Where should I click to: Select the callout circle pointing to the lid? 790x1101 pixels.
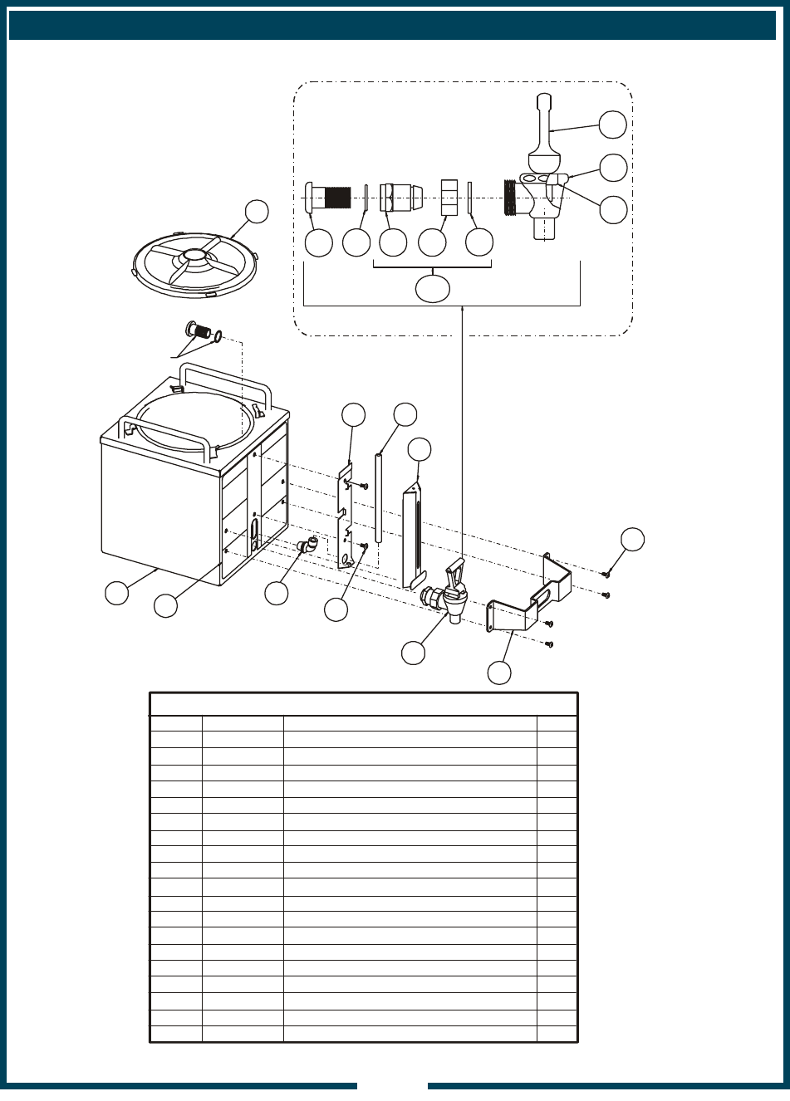[x=257, y=211]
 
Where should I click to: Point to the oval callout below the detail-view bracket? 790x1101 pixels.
[x=432, y=287]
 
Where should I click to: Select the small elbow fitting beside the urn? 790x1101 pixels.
[x=306, y=546]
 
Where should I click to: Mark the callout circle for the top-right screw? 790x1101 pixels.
[x=633, y=538]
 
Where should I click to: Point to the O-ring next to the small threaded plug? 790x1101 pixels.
[x=218, y=336]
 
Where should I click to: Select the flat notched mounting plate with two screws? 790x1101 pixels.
[x=348, y=519]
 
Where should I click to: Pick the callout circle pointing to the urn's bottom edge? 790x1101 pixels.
[x=117, y=593]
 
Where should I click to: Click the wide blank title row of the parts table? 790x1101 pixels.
[x=363, y=704]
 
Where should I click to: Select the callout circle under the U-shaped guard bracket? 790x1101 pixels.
[x=498, y=672]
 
